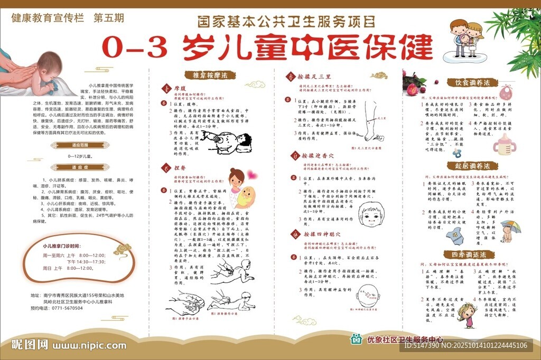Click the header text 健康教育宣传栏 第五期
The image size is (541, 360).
point(67,17)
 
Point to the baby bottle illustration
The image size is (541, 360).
point(504,143)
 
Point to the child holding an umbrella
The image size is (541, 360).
point(509,230)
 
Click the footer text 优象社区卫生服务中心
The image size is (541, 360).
point(405,340)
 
